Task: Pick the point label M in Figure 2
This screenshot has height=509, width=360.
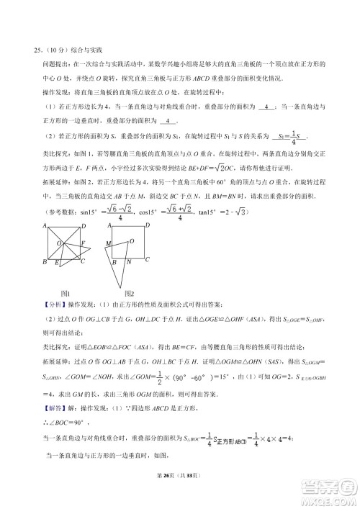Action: pos(107,243)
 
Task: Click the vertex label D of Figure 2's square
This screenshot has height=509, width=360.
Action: pos(147,225)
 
